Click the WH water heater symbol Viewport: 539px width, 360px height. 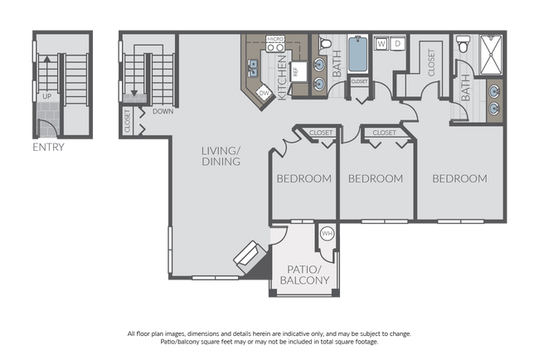pos(326,234)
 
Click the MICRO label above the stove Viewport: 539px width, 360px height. pos(274,40)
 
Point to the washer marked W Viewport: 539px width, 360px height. pos(382,43)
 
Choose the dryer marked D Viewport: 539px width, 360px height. pos(398,43)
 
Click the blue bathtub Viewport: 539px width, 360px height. pos(358,54)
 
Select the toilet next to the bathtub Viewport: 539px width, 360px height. pos(325,44)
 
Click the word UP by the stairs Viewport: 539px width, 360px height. pos(47,96)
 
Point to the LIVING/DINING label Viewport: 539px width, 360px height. pos(221,156)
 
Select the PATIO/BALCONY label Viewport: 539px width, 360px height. pos(303,275)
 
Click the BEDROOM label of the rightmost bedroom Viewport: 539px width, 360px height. pos(459,178)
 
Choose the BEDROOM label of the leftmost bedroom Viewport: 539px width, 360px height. pos(303,178)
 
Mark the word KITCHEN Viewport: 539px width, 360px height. pos(283,84)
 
